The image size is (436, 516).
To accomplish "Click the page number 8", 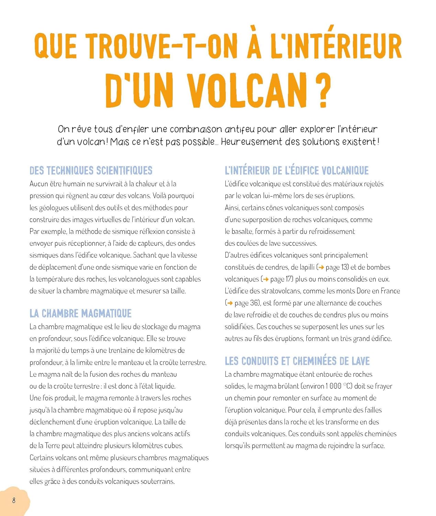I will pyautogui.click(x=14, y=500).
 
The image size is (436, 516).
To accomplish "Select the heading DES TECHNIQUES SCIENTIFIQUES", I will pyautogui.click(x=91, y=171).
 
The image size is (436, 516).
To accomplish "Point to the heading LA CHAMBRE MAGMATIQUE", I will pyautogui.click(x=80, y=313).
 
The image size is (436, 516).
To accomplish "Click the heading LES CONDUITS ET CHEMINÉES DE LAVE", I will pyautogui.click(x=297, y=361).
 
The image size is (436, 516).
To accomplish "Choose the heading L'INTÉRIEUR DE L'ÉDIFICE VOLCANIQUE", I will pyautogui.click(x=297, y=171).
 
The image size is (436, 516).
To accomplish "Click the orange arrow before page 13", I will pyautogui.click(x=321, y=267).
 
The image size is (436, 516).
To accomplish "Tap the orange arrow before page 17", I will pyautogui.click(x=265, y=279).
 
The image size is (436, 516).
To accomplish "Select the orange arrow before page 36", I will pyautogui.click(x=230, y=303).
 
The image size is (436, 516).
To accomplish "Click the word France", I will pyautogui.click(x=390, y=291).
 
